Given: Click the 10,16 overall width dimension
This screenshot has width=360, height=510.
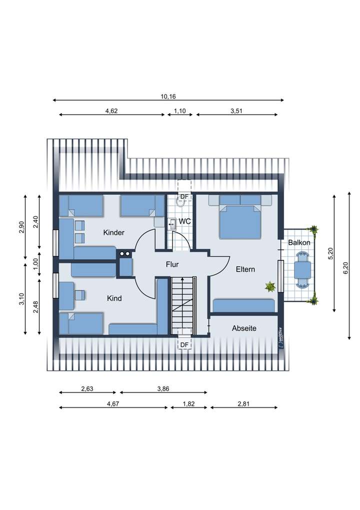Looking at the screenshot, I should [168, 96].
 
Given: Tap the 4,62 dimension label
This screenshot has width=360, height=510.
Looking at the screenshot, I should [111, 111].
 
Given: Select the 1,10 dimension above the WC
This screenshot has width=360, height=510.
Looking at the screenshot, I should [180, 111].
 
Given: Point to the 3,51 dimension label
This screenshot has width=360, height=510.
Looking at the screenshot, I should [236, 111].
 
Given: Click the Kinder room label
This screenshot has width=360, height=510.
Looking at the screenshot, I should [113, 233].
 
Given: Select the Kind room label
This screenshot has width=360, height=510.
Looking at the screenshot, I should [114, 298].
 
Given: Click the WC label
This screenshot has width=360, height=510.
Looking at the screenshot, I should [184, 221].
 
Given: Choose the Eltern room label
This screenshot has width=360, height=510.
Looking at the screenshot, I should [245, 269].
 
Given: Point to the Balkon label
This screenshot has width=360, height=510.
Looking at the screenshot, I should [299, 242].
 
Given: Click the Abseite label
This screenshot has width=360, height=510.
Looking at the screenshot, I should [244, 328].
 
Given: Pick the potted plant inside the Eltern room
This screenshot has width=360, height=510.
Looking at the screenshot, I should [270, 287].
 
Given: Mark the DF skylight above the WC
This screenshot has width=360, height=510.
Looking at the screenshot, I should [184, 197].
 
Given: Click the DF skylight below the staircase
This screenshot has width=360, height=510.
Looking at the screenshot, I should [184, 345].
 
